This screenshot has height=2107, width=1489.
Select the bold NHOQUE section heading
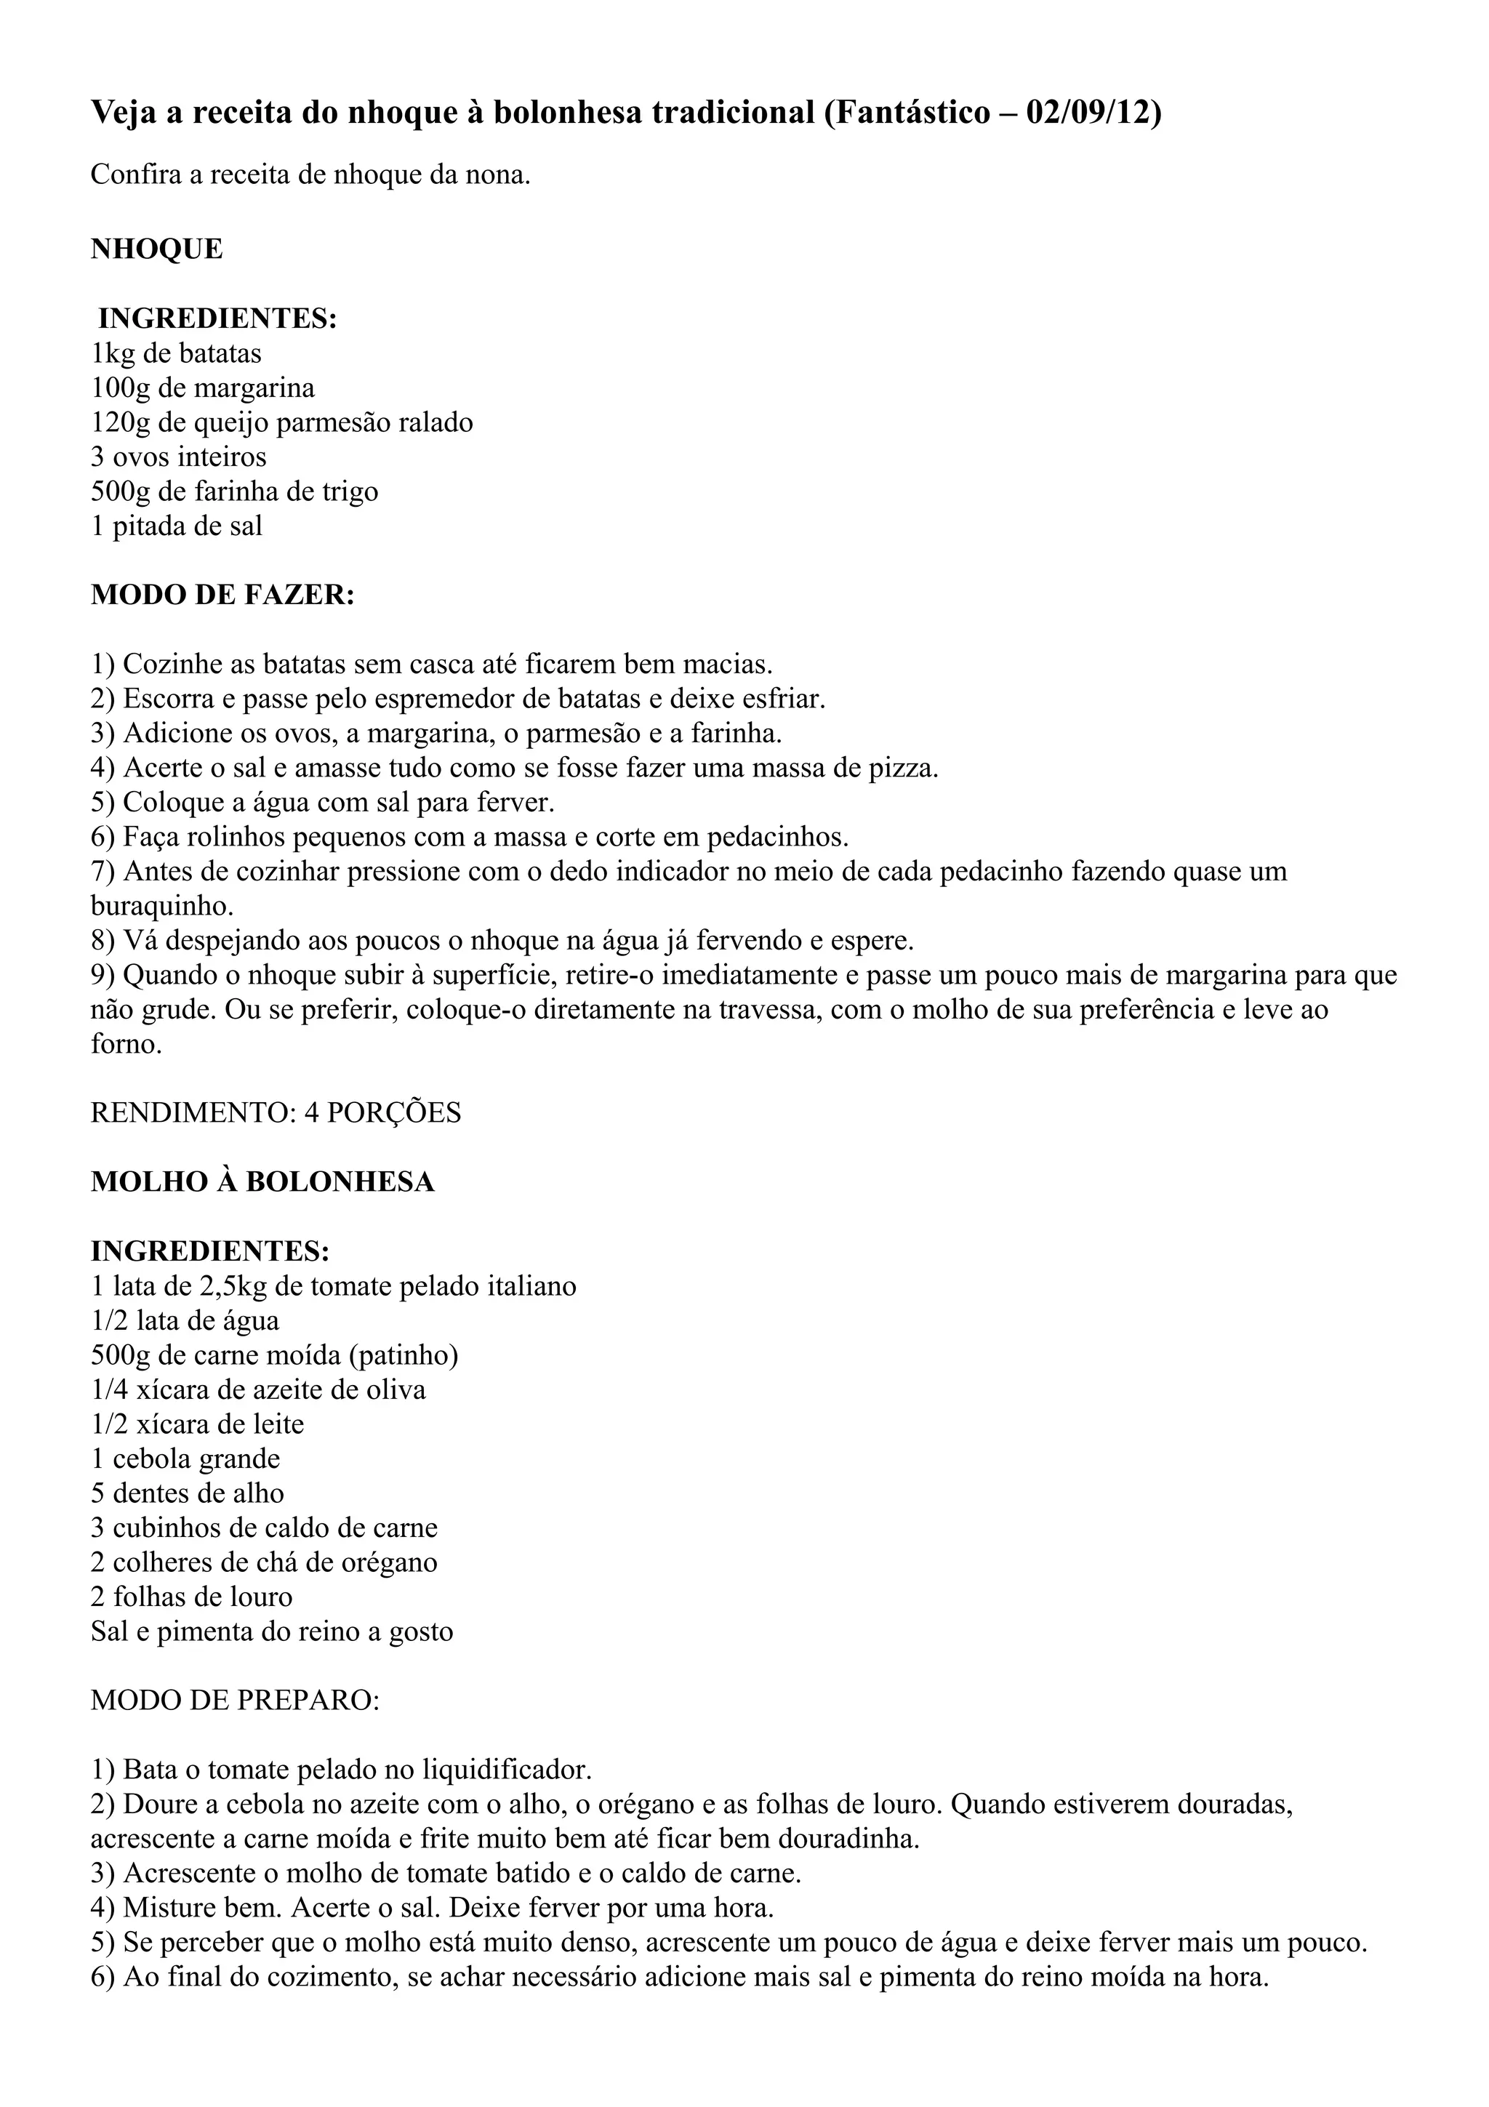(157, 249)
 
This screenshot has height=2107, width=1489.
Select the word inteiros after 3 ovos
(224, 457)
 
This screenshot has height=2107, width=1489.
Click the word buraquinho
(161, 906)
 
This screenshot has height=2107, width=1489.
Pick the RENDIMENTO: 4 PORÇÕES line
(276, 1112)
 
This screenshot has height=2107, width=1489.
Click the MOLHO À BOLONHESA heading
(262, 1182)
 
